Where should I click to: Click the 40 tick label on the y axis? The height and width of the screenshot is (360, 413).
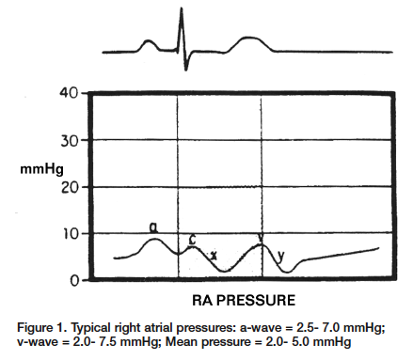pyautogui.click(x=69, y=95)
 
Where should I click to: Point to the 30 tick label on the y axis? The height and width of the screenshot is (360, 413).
pyautogui.click(x=69, y=140)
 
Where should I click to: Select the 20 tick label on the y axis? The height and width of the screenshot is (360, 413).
pyautogui.click(x=69, y=186)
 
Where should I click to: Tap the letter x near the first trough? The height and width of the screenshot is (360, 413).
pyautogui.click(x=214, y=255)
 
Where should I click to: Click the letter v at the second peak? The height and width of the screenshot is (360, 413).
pyautogui.click(x=261, y=237)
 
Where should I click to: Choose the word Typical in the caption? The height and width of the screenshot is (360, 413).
pyautogui.click(x=101, y=327)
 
